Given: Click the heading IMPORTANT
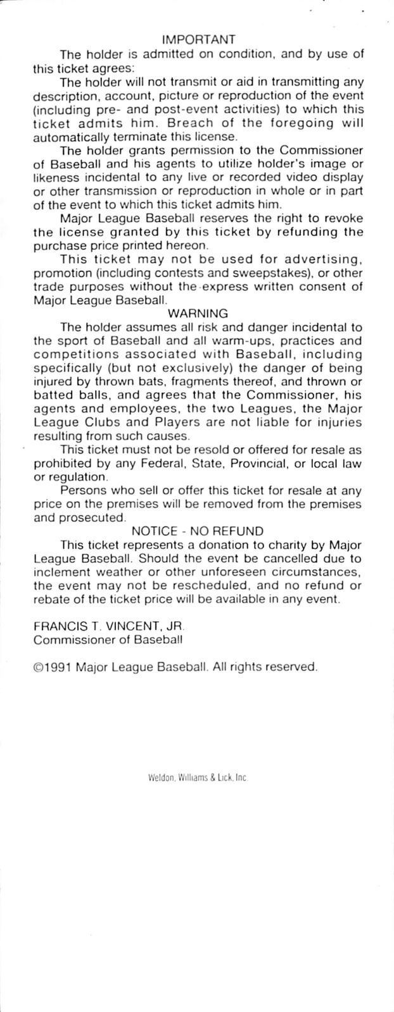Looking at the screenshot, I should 198,40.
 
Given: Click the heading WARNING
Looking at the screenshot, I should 198,313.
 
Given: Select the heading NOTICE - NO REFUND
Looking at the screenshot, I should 198,531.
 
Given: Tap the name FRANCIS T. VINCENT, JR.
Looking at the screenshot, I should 108,626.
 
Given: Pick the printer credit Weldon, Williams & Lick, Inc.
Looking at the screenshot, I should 196,780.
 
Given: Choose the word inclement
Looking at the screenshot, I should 63,572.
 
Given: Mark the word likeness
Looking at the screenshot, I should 55,178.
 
